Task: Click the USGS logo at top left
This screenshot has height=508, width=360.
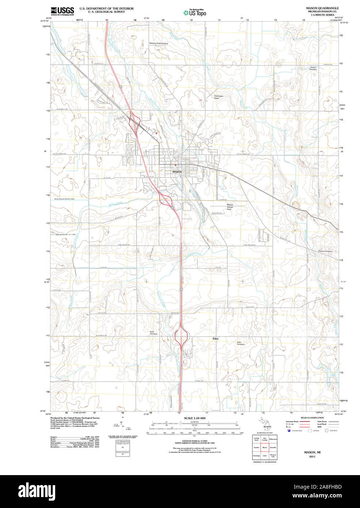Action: [x=62, y=11]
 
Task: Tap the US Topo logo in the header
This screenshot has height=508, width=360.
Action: [x=195, y=13]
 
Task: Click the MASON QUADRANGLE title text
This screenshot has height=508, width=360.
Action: [x=322, y=8]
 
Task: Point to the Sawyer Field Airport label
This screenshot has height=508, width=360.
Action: [x=159, y=43]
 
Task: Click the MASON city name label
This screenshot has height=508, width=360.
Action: [x=177, y=172]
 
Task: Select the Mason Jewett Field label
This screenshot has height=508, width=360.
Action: [x=230, y=207]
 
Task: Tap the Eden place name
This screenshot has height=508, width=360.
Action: [x=215, y=339]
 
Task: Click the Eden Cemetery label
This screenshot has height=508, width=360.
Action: [x=240, y=343]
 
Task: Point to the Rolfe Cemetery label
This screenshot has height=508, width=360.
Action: [x=154, y=333]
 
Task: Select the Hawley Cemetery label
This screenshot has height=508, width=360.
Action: [x=325, y=251]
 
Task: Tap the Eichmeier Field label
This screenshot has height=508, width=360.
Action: [x=219, y=97]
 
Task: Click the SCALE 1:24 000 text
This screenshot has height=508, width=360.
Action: [x=194, y=418]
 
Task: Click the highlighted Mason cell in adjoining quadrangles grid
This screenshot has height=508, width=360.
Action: [x=264, y=447]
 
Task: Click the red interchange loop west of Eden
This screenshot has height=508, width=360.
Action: [x=181, y=335]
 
